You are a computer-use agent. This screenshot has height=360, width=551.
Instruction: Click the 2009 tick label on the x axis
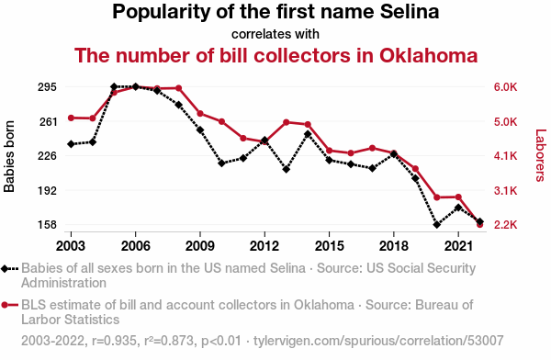[199, 246]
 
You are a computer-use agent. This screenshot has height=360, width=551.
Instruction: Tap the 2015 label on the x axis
[329, 246]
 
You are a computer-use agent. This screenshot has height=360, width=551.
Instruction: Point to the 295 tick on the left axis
[47, 87]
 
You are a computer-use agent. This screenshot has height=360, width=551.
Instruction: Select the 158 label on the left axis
[47, 225]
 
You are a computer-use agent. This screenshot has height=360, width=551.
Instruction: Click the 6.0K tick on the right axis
[505, 87]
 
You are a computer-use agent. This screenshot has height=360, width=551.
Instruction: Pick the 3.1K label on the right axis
[505, 190]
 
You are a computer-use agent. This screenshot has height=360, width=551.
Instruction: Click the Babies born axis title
[9, 156]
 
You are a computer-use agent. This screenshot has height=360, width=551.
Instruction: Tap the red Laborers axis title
[541, 155]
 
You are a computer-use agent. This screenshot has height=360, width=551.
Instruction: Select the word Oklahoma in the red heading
[428, 55]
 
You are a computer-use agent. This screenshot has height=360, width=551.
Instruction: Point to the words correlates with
[275, 34]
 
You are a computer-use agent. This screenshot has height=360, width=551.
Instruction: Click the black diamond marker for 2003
[71, 144]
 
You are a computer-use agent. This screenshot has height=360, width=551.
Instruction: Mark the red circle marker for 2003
[71, 118]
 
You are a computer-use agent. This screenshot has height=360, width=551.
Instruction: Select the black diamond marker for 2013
[286, 170]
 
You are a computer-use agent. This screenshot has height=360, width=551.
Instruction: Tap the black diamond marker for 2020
[437, 225]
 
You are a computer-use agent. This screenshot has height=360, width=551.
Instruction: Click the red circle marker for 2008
[178, 88]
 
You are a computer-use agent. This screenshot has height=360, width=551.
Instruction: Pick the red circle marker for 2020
[437, 197]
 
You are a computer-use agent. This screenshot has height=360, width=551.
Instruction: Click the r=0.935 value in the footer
[114, 341]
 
